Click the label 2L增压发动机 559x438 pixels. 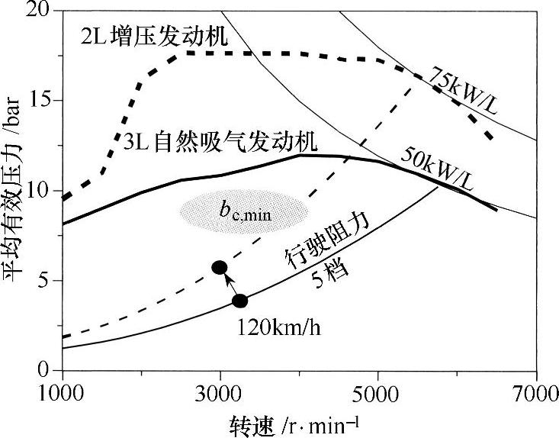[156, 36]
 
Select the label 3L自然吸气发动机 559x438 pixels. [220, 143]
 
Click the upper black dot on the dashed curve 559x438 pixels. [220, 266]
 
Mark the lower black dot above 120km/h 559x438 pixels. [239, 301]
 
